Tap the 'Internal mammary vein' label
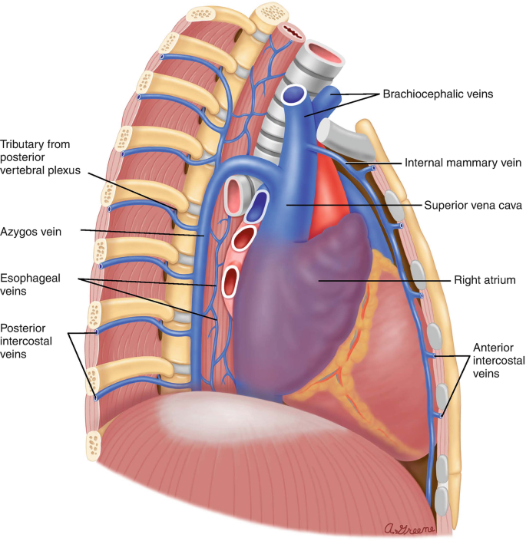coord(463,163)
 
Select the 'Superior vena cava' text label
coord(473,206)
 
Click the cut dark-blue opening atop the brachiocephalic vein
coord(293,95)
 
